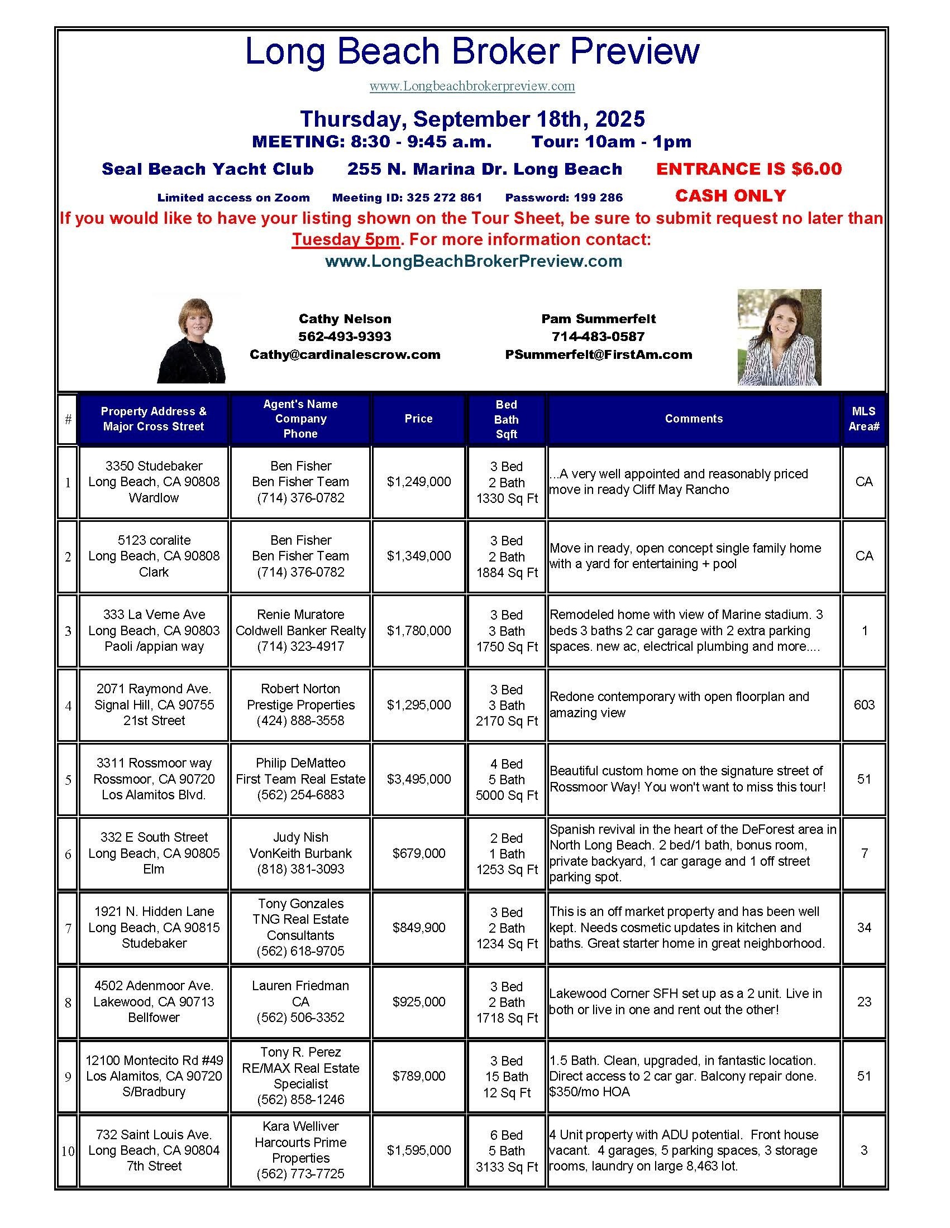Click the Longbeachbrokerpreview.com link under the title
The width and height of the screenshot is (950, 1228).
click(x=472, y=86)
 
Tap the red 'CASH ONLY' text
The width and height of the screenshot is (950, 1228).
click(x=730, y=196)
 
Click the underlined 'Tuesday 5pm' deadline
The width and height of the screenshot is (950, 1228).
click(x=345, y=239)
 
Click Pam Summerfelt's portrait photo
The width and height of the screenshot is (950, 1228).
click(x=779, y=337)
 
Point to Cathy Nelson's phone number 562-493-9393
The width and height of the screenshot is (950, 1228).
click(x=344, y=336)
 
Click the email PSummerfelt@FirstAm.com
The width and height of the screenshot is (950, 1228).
click(x=599, y=354)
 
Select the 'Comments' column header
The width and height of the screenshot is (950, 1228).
click(x=694, y=418)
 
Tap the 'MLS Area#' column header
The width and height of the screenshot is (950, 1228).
click(x=863, y=419)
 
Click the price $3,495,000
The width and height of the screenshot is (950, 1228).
click(x=418, y=779)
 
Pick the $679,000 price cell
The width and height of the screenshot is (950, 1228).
click(x=418, y=853)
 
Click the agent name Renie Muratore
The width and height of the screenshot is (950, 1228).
click(x=300, y=615)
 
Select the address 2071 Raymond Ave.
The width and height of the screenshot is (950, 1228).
click(x=154, y=689)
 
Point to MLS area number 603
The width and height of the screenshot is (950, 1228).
click(x=864, y=704)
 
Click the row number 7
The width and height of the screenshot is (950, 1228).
click(x=68, y=928)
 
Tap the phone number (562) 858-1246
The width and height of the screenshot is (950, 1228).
click(x=300, y=1099)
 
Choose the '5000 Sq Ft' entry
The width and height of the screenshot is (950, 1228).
click(x=507, y=795)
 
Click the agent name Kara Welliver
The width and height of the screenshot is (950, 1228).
click(x=300, y=1126)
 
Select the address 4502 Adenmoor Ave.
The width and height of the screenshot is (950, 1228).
click(x=154, y=986)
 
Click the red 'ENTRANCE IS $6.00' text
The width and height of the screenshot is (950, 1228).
click(x=748, y=169)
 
